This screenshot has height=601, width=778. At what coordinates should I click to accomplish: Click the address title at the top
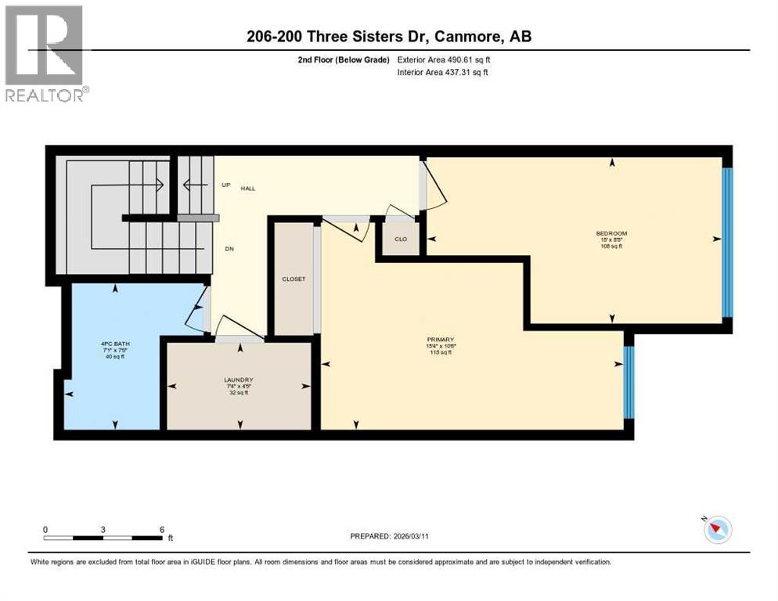388,36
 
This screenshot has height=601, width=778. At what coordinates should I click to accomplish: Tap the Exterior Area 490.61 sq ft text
444,59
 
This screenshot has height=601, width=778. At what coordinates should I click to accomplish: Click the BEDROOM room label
611,233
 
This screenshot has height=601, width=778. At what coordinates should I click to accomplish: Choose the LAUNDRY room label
238,380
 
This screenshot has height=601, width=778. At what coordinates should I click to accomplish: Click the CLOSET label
294,279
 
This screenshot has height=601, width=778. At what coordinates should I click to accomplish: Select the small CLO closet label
401,239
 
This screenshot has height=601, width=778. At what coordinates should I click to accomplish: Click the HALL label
248,189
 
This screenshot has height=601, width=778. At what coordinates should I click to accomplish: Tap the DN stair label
229,249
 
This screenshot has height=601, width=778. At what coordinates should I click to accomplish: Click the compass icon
717,530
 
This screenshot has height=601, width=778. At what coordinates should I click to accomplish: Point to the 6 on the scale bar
162,529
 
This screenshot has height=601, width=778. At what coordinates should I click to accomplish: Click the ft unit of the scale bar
170,538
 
